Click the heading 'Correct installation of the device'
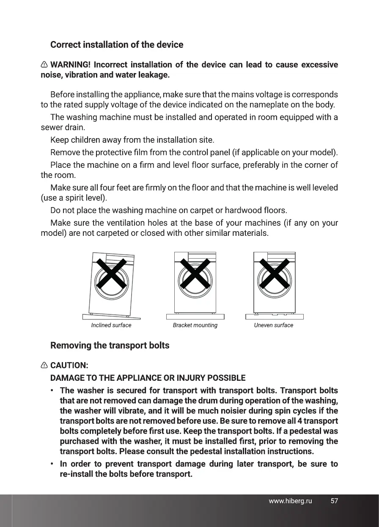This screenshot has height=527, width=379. coord(117,45)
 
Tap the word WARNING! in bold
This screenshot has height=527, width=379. coord(70,65)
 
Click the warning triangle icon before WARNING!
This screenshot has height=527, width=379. coord(44,65)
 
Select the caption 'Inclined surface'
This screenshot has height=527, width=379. coord(111,325)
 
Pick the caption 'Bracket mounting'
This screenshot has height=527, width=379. coord(195,325)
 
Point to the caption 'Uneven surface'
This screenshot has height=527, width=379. coord(273,325)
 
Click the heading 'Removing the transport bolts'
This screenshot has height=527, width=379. coord(110,346)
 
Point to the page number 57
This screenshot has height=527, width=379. coord(334,501)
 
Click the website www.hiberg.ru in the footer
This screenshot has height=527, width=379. coord(290,501)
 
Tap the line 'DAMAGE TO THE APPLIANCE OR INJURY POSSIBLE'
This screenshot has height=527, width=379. coord(148,377)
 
